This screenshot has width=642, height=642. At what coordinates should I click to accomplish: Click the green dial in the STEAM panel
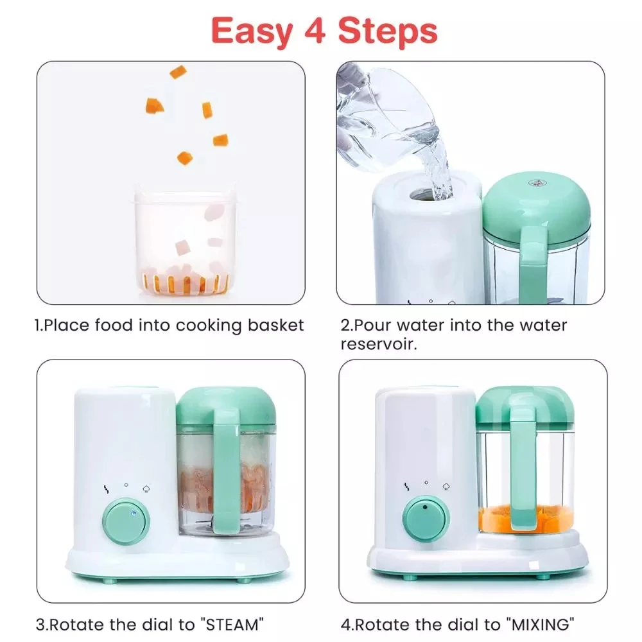coord(126,521)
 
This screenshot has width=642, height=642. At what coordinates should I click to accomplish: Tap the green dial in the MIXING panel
coord(426,518)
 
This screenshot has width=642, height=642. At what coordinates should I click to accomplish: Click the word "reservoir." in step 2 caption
coord(379,345)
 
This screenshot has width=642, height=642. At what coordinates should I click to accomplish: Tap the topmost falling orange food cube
coord(178,71)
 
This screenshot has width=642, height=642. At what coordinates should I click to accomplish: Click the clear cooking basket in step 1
coord(185,241)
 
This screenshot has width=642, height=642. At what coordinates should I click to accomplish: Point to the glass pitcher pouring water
coord(385,116)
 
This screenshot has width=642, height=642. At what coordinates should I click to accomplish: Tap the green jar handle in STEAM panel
coord(226,475)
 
